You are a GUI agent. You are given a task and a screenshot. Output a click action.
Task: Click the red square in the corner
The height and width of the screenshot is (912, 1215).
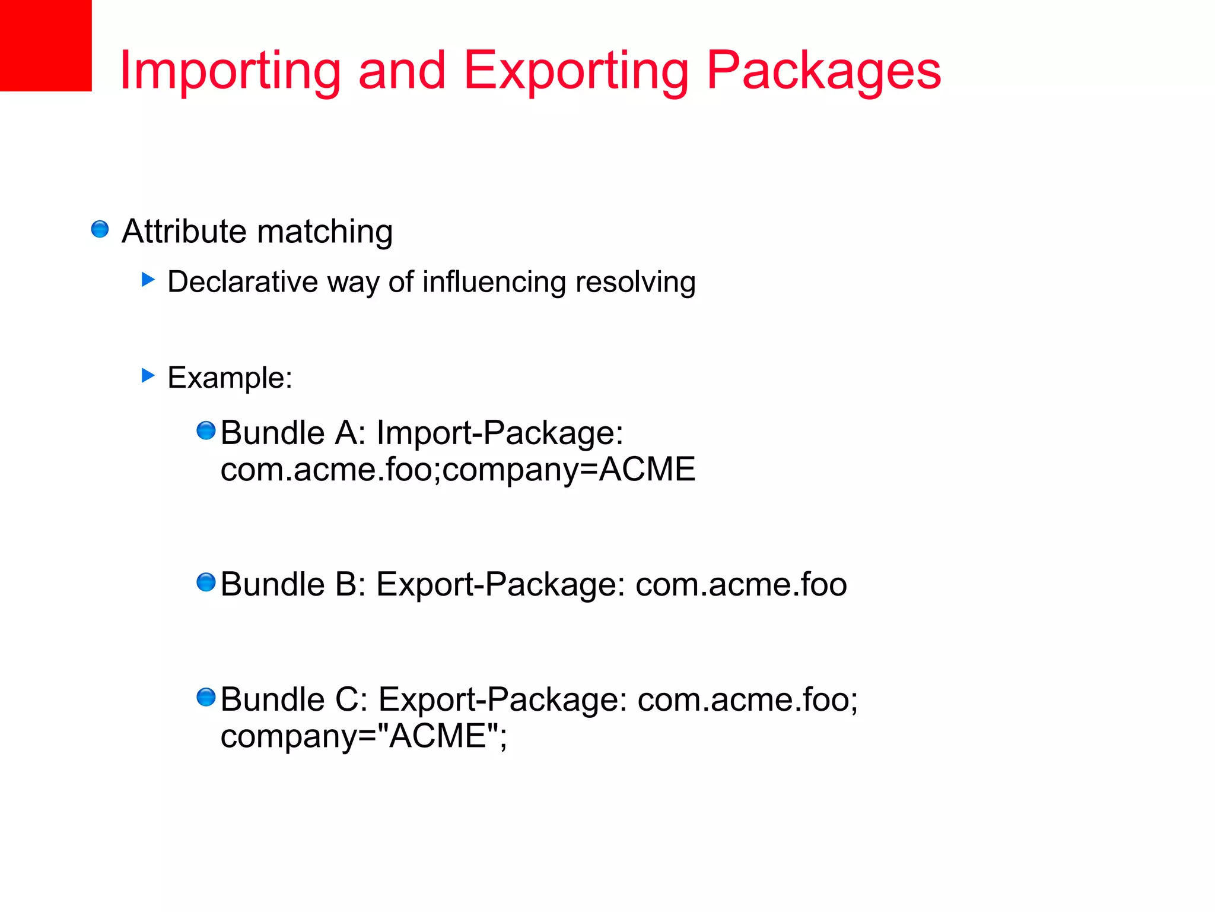(x=46, y=45)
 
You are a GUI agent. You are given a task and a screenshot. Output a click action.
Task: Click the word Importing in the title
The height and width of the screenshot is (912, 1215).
(x=230, y=71)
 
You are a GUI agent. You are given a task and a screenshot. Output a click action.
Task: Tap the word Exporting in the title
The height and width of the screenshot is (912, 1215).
(x=575, y=71)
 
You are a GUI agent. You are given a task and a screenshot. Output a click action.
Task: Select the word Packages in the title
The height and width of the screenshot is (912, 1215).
(x=823, y=71)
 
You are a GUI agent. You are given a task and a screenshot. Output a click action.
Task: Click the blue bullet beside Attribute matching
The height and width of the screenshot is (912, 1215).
(x=100, y=229)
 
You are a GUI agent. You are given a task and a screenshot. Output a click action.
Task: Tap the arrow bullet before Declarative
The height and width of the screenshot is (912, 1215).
(x=148, y=280)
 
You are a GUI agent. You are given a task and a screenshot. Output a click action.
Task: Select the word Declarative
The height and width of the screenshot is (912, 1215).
(x=243, y=281)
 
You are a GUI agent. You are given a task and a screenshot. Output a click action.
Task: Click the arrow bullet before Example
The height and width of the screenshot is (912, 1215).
(x=148, y=375)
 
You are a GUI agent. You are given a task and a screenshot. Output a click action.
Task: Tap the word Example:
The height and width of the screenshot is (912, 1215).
(x=230, y=378)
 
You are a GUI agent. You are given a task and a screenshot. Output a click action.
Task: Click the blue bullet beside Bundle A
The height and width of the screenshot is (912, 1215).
(x=206, y=430)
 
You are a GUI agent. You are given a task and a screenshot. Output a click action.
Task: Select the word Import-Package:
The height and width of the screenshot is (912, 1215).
(x=500, y=433)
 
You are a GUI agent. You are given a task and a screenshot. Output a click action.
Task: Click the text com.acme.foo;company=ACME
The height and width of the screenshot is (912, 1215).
(x=457, y=470)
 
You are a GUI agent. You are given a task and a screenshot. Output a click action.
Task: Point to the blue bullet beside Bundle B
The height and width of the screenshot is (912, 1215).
(x=206, y=582)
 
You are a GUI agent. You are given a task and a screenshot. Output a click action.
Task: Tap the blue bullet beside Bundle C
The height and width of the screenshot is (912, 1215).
(x=206, y=697)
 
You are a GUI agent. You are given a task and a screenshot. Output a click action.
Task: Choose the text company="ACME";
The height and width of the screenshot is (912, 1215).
(x=364, y=736)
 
